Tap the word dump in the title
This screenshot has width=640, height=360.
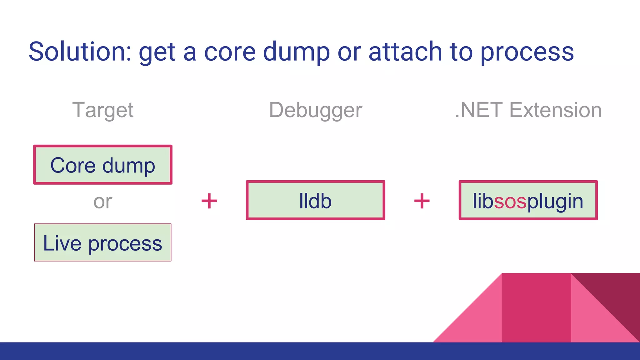[x=296, y=52]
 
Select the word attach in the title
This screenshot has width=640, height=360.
[x=405, y=52]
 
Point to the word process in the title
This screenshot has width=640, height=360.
[x=527, y=52]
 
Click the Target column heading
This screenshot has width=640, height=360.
[x=103, y=110]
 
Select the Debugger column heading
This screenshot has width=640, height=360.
[x=315, y=110]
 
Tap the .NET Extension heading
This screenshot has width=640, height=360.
[x=528, y=110]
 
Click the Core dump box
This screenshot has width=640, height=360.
[x=103, y=165]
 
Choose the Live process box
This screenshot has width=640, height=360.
[x=103, y=242]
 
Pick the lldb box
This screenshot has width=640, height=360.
[x=315, y=200]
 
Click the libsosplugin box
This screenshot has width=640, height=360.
[x=528, y=200]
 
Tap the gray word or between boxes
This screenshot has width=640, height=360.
[x=103, y=202]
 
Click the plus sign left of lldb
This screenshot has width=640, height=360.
[x=209, y=201]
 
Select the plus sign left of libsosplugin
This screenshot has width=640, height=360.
[x=422, y=201]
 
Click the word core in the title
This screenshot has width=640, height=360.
[x=230, y=52]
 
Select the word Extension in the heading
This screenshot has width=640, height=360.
[x=555, y=110]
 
